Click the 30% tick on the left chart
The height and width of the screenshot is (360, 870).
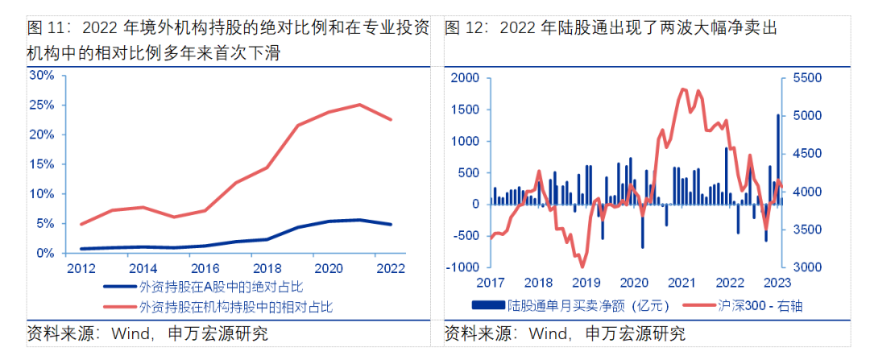[x=41, y=75]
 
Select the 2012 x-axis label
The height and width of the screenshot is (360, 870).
[x=81, y=268]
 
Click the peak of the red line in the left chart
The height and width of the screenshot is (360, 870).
[x=359, y=105]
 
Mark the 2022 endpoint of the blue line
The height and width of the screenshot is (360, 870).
[x=391, y=225]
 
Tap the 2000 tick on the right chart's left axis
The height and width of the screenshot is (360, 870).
[x=465, y=78]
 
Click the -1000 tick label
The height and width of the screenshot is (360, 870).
[x=462, y=267]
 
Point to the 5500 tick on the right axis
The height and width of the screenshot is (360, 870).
[x=806, y=78]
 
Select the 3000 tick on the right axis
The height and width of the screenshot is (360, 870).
[x=806, y=267]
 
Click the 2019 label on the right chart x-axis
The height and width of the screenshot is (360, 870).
[x=586, y=283]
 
